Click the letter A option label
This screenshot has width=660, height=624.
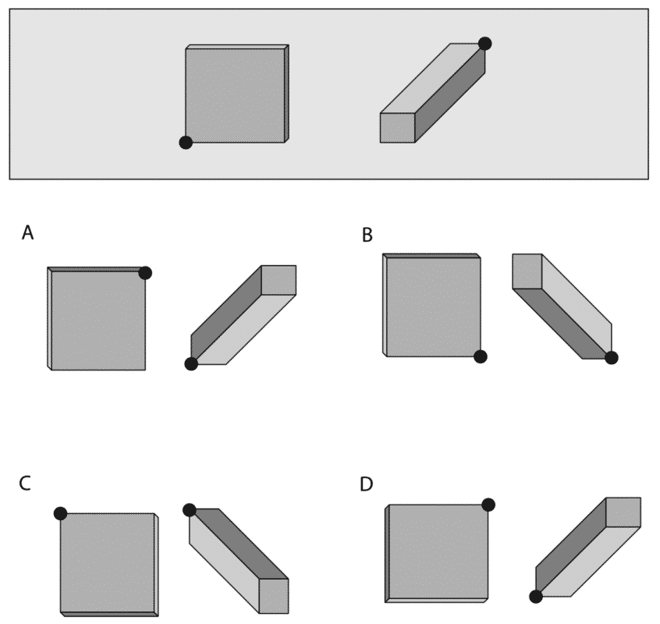pyautogui.click(x=28, y=232)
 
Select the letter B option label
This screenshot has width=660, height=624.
pyautogui.click(x=367, y=235)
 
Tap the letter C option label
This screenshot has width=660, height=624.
pyautogui.click(x=25, y=484)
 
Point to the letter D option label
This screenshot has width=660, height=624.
pyautogui.click(x=366, y=484)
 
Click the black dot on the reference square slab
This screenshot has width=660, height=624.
pyautogui.click(x=186, y=143)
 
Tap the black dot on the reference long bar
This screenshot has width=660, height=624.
pyautogui.click(x=485, y=44)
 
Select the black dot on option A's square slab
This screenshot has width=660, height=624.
pyautogui.click(x=145, y=273)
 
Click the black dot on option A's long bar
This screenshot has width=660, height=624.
pyautogui.click(x=191, y=364)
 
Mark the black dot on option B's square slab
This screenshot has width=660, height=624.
pyautogui.click(x=481, y=356)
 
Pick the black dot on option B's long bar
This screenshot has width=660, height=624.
pyautogui.click(x=612, y=358)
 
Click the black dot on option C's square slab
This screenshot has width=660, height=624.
pyautogui.click(x=61, y=514)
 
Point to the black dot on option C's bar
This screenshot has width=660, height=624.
pyautogui.click(x=190, y=510)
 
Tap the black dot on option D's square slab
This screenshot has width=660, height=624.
pyautogui.click(x=488, y=505)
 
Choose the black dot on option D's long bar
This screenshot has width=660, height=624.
pyautogui.click(x=536, y=597)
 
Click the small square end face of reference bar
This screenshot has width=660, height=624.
pyautogui.click(x=398, y=128)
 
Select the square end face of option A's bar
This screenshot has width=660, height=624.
pyautogui.click(x=279, y=280)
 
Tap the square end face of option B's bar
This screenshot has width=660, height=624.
pyautogui.click(x=527, y=271)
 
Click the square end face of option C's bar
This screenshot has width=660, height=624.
pyautogui.click(x=274, y=596)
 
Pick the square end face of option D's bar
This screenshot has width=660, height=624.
pyautogui.click(x=623, y=512)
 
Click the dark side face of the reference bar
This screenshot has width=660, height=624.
pyautogui.click(x=450, y=93)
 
